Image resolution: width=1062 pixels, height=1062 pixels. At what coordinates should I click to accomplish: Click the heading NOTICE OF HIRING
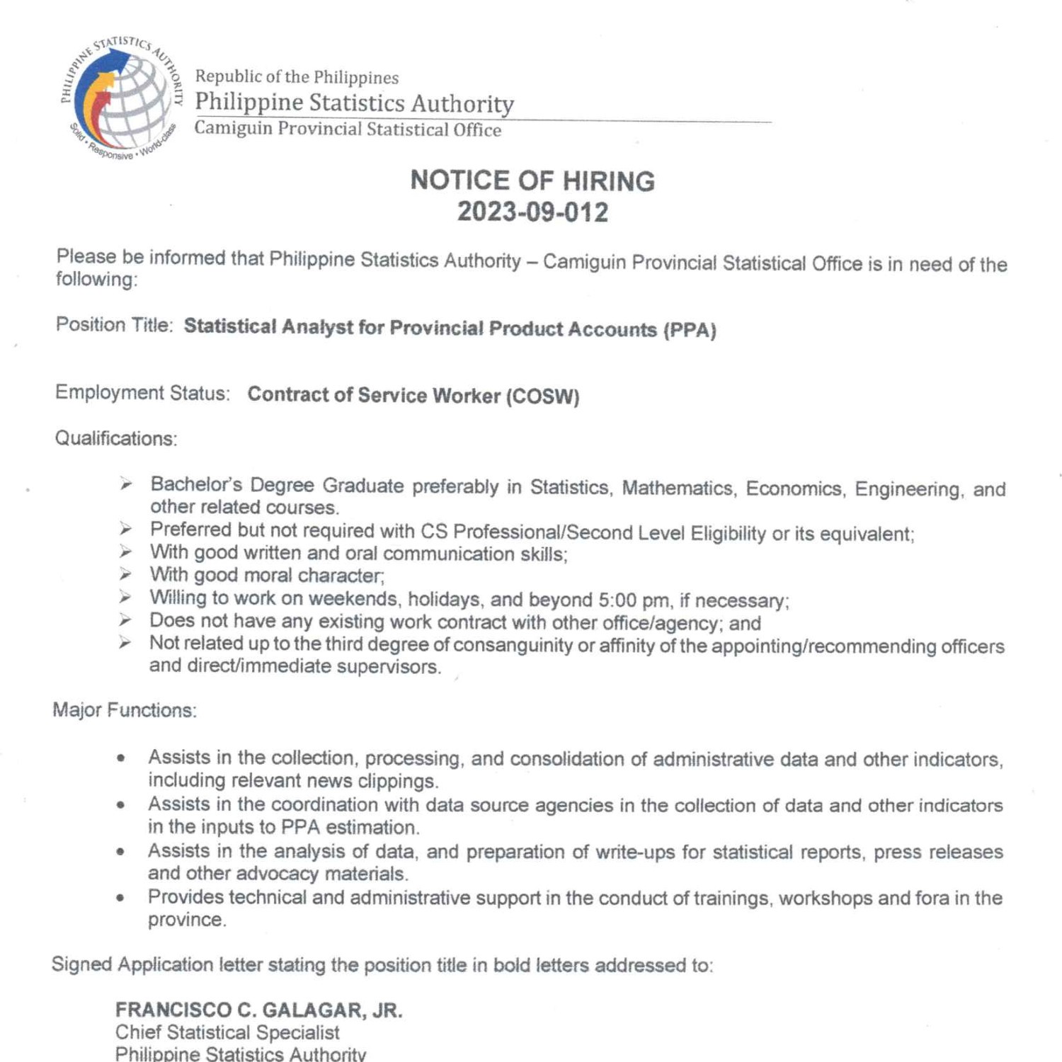click(532, 181)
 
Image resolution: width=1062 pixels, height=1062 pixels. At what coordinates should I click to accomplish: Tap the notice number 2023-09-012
click(532, 212)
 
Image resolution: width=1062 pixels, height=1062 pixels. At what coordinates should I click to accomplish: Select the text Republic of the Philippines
click(297, 77)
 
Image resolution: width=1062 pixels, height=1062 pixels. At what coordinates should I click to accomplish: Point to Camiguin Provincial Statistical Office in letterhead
click(348, 129)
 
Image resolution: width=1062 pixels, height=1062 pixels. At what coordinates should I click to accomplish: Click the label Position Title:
click(114, 325)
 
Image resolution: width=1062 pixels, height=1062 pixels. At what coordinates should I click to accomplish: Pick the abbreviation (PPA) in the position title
click(690, 330)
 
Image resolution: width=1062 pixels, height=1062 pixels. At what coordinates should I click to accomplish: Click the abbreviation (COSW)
click(542, 396)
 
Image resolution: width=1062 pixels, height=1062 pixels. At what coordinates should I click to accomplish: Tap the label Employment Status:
click(142, 393)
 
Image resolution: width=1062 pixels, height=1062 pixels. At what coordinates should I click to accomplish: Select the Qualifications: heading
click(116, 439)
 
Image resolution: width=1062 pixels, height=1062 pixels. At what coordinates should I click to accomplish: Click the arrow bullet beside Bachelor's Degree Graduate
click(126, 484)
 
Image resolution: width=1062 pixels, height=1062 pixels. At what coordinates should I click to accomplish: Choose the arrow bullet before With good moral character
click(125, 574)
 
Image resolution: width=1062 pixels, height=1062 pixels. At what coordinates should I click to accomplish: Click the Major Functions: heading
click(125, 710)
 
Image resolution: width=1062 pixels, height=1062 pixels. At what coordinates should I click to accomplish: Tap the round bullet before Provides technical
click(122, 898)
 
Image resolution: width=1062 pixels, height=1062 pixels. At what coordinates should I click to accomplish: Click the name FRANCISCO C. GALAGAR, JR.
click(259, 1010)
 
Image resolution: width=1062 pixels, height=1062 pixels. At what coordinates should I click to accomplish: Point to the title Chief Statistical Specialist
click(227, 1032)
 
